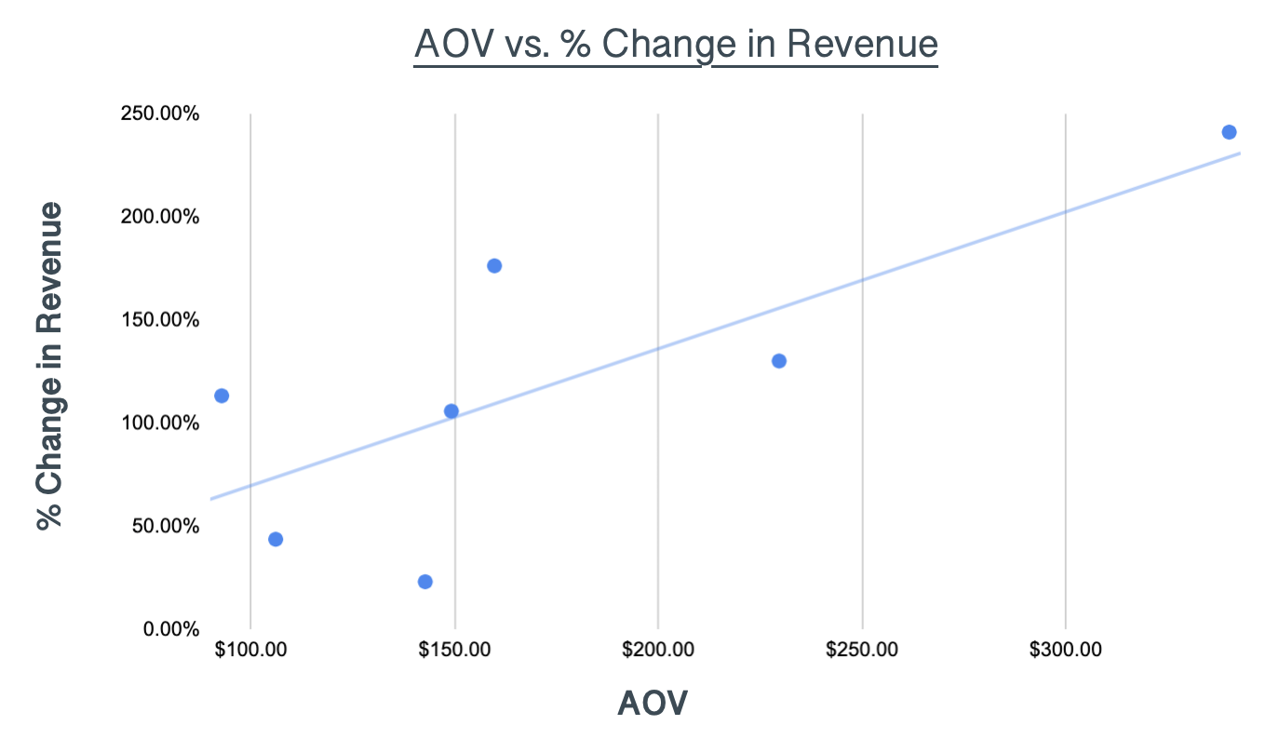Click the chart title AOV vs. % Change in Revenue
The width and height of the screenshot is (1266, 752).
[676, 45]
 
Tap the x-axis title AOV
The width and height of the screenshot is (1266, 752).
[652, 704]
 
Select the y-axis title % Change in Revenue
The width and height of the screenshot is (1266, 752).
[50, 365]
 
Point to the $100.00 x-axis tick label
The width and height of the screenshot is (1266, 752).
[250, 650]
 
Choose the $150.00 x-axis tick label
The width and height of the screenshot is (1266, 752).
[454, 650]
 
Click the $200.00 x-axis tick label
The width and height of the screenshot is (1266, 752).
[658, 650]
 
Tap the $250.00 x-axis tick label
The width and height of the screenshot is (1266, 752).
[862, 650]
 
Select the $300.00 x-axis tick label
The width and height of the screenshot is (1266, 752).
[1066, 650]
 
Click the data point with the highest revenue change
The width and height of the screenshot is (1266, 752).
[1229, 132]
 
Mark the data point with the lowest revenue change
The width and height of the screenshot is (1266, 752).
[425, 582]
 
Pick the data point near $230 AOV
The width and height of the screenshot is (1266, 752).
[779, 361]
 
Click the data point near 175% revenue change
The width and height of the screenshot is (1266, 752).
[494, 266]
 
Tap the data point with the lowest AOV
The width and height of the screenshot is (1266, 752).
[222, 396]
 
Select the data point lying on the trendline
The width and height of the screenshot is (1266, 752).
[451, 411]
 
